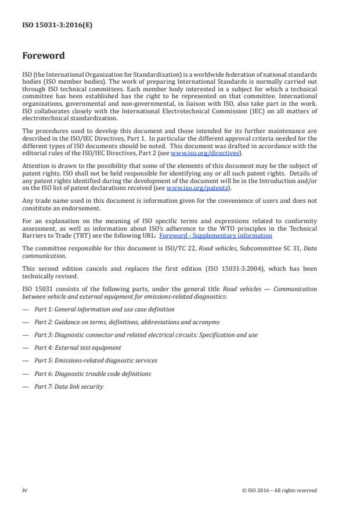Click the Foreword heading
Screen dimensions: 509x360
pos(44,56)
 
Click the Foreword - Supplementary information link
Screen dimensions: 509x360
pos(215,236)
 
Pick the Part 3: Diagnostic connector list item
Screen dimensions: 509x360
pos(146,335)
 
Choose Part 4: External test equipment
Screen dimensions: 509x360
pos(77,347)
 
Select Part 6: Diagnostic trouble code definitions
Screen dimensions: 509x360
pos(92,374)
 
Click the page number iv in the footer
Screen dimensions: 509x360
pos(25,490)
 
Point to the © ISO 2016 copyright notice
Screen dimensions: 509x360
pos(279,490)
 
